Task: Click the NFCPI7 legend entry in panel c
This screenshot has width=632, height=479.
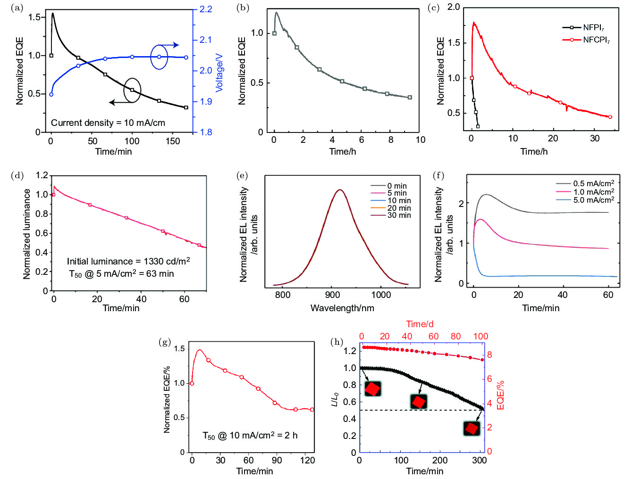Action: [596, 40]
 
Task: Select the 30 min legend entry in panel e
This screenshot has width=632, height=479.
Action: [399, 215]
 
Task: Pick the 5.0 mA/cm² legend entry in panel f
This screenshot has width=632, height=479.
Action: [593, 200]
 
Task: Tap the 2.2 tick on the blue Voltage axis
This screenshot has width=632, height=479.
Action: [206, 9]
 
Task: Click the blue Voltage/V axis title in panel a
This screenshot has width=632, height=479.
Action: [219, 73]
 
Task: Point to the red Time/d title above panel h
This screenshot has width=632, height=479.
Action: [420, 324]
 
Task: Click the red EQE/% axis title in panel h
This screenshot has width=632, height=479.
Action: [501, 395]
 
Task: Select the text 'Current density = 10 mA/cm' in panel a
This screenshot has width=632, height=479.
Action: [108, 123]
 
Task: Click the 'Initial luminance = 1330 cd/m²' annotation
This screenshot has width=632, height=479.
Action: [128, 261]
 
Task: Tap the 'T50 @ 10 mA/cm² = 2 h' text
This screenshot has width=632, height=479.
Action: [250, 435]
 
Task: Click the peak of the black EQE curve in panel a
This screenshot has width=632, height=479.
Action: [52, 14]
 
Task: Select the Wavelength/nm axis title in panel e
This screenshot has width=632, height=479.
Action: [342, 308]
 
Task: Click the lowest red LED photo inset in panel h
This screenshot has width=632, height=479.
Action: [472, 428]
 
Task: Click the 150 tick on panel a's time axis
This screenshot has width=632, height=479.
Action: [173, 141]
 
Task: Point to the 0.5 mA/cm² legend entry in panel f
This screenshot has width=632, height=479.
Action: [593, 183]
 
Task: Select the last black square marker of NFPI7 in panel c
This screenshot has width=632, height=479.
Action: [478, 126]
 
